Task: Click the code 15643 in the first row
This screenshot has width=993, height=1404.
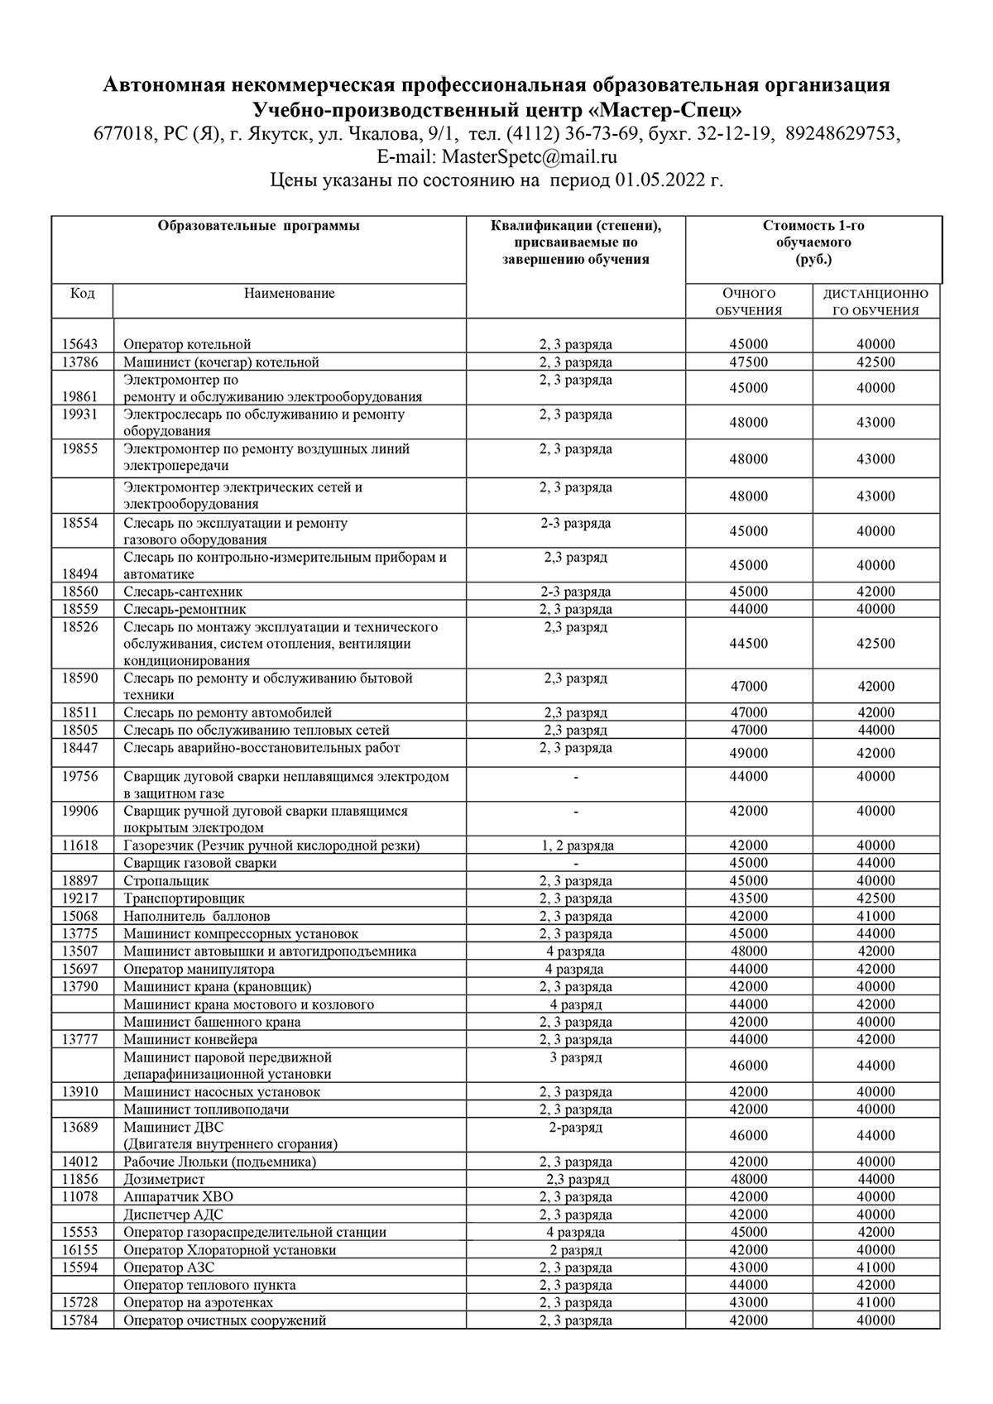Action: [x=80, y=344]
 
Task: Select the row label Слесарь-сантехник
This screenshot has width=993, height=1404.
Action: [x=183, y=592]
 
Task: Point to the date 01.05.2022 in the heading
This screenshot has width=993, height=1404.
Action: [x=659, y=181]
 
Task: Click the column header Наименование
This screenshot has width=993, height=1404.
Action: [x=289, y=294]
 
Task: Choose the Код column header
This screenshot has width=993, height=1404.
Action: [x=82, y=294]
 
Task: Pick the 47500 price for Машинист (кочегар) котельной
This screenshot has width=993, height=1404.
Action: [x=749, y=362]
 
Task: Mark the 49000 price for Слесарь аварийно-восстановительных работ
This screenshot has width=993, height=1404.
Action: [x=749, y=753]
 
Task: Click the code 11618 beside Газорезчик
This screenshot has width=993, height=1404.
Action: [x=80, y=846]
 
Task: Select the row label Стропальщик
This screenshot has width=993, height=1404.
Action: [x=166, y=881]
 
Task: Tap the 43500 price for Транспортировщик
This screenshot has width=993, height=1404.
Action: [x=749, y=898]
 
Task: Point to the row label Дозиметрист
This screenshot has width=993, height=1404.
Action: [x=164, y=1180]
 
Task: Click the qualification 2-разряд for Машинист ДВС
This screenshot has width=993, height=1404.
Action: [x=575, y=1127]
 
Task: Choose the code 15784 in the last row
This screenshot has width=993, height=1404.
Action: [x=80, y=1320]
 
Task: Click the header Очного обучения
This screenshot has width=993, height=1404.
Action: [x=749, y=303]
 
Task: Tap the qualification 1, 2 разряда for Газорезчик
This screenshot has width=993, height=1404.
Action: [x=575, y=846]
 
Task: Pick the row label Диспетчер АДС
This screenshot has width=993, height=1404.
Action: [x=173, y=1215]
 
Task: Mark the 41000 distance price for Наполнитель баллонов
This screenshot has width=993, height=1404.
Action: [x=875, y=916]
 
